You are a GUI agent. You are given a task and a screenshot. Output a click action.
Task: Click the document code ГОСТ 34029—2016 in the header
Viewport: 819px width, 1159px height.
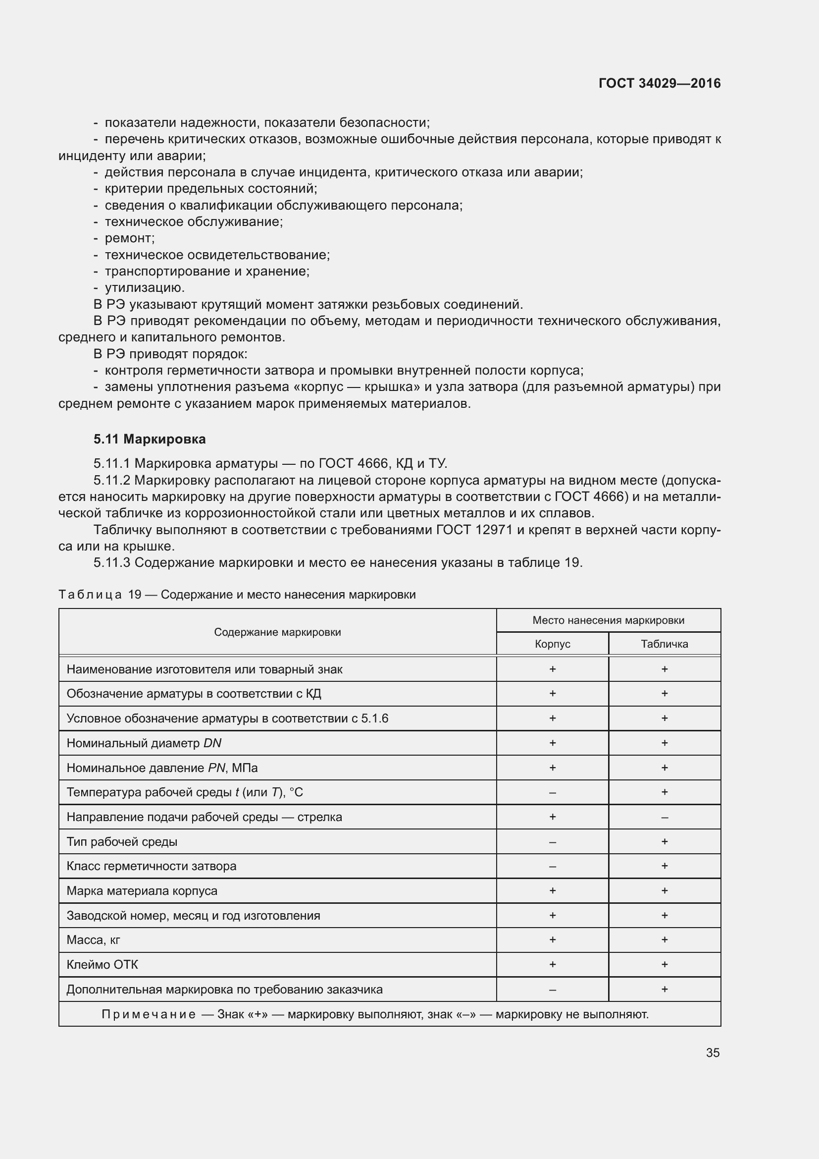point(659,83)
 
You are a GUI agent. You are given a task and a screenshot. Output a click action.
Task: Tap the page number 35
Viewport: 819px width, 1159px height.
point(713,1052)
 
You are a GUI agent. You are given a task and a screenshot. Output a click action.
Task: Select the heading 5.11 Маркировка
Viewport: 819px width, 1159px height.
point(149,439)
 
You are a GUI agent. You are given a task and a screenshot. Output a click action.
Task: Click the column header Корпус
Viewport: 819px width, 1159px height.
point(552,644)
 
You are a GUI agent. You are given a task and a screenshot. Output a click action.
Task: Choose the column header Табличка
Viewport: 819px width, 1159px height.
point(664,644)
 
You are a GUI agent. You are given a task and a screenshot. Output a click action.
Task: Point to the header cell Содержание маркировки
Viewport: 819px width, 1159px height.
point(277,632)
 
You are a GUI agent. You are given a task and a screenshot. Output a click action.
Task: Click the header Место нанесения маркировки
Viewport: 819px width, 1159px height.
point(608,620)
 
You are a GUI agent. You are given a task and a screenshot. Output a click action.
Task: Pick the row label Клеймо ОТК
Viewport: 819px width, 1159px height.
point(102,964)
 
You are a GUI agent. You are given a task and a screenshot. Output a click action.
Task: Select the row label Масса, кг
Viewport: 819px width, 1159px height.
point(93,939)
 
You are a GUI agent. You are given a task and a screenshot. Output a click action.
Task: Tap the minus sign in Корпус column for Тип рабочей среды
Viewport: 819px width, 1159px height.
point(552,841)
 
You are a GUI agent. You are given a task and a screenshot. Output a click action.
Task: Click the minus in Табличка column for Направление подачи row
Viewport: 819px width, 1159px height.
point(664,817)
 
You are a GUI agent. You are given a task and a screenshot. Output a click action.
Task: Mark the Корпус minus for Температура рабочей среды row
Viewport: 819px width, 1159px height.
point(552,792)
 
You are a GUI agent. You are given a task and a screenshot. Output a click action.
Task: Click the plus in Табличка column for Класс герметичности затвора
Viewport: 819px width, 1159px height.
point(664,866)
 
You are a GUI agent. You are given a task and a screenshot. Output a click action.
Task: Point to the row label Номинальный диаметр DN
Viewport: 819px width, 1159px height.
point(144,743)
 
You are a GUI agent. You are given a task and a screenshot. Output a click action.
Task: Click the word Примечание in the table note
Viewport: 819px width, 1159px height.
point(149,1014)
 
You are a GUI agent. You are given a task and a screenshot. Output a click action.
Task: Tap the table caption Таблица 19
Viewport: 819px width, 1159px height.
point(100,594)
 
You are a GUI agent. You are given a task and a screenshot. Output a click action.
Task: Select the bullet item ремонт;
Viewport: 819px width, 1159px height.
point(130,238)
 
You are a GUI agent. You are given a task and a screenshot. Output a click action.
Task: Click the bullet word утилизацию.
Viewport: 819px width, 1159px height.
point(144,287)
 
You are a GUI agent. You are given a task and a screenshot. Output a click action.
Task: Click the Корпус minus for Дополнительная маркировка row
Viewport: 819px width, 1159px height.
point(552,989)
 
